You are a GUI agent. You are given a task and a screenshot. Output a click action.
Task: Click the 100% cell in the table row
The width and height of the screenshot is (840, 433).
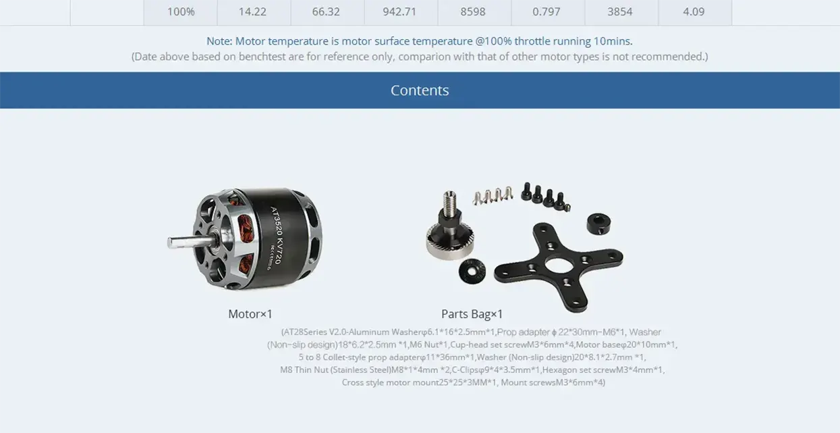[181, 11]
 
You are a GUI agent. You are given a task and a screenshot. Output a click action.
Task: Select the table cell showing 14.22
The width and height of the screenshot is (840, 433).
[252, 11]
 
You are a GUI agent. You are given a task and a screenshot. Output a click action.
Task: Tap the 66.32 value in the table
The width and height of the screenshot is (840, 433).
[326, 11]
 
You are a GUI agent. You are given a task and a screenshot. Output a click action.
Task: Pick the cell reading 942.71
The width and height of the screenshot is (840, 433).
[399, 11]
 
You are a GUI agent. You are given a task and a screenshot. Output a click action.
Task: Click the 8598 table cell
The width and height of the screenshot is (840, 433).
[473, 11]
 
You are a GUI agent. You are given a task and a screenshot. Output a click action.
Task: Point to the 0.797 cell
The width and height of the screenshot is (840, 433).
[547, 11]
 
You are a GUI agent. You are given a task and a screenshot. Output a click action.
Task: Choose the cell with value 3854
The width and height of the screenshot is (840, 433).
[620, 11]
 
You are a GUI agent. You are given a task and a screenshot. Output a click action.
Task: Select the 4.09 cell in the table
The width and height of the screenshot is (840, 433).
[694, 11]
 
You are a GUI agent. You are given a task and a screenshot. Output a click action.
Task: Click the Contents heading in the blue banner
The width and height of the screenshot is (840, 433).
[420, 90]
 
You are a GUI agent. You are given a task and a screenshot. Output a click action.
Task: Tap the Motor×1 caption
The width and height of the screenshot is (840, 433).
[250, 314]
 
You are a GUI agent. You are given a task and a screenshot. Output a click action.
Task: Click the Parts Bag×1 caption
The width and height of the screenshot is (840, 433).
[472, 314]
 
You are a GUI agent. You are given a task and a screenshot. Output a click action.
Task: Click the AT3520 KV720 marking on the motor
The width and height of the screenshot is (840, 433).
[276, 235]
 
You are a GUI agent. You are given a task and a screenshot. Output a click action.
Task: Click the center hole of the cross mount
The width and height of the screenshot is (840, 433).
[559, 265]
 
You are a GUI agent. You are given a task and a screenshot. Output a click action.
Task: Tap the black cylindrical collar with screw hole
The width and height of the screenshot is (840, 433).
[598, 224]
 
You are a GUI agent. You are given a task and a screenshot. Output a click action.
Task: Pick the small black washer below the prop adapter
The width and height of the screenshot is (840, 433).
[472, 271]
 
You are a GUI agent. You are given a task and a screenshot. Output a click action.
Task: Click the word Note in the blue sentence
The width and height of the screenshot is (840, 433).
[219, 41]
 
